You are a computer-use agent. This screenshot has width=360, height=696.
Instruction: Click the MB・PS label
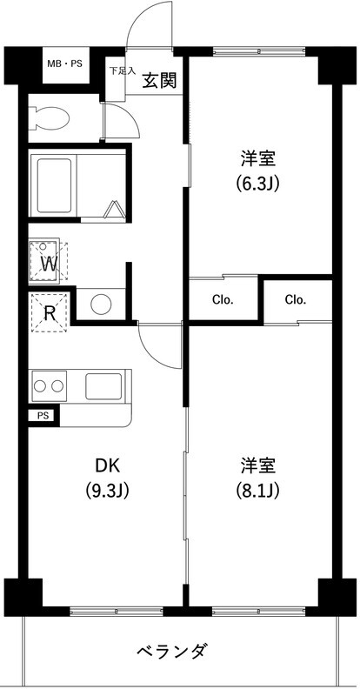tap(65, 64)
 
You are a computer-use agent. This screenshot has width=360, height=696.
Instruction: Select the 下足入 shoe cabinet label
tap(121, 71)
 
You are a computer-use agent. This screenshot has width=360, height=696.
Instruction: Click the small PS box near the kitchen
tap(43, 416)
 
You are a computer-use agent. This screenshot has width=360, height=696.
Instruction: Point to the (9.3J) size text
tap(106, 491)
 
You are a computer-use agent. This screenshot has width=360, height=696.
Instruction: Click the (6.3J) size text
tap(258, 184)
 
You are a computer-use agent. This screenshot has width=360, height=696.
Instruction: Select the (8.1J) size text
tap(258, 491)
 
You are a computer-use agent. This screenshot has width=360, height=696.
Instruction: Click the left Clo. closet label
tap(223, 300)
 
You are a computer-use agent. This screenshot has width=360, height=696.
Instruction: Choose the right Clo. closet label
tap(296, 300)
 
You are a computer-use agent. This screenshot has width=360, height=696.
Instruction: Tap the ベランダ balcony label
tap(172, 651)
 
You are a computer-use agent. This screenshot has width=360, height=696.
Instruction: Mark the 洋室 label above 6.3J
tap(258, 159)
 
